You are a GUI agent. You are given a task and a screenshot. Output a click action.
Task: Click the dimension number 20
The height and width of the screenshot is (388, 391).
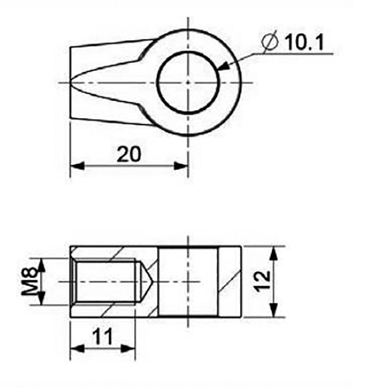(129, 154)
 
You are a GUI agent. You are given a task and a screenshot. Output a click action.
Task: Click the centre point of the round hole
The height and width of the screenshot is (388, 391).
(188, 82)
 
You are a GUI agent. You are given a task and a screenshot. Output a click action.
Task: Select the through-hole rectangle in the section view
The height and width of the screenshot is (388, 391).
(188, 281)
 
